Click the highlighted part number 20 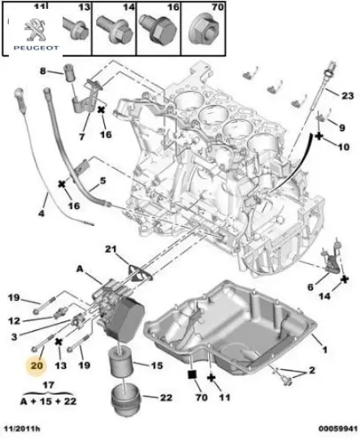pos(36,366)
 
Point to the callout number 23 pos(348,96)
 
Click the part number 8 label pos(43,70)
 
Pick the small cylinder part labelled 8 pos(69,73)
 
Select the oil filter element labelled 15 pos(121,363)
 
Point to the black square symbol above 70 pos(192,375)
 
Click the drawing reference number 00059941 pos(338,429)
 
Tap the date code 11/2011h pos(22,429)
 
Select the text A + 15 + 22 pos(48,401)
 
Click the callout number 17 pos(48,385)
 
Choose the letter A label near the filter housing pos(80,269)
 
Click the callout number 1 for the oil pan pos(324,350)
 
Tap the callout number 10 pos(343,147)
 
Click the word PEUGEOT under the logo pos(36,48)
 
